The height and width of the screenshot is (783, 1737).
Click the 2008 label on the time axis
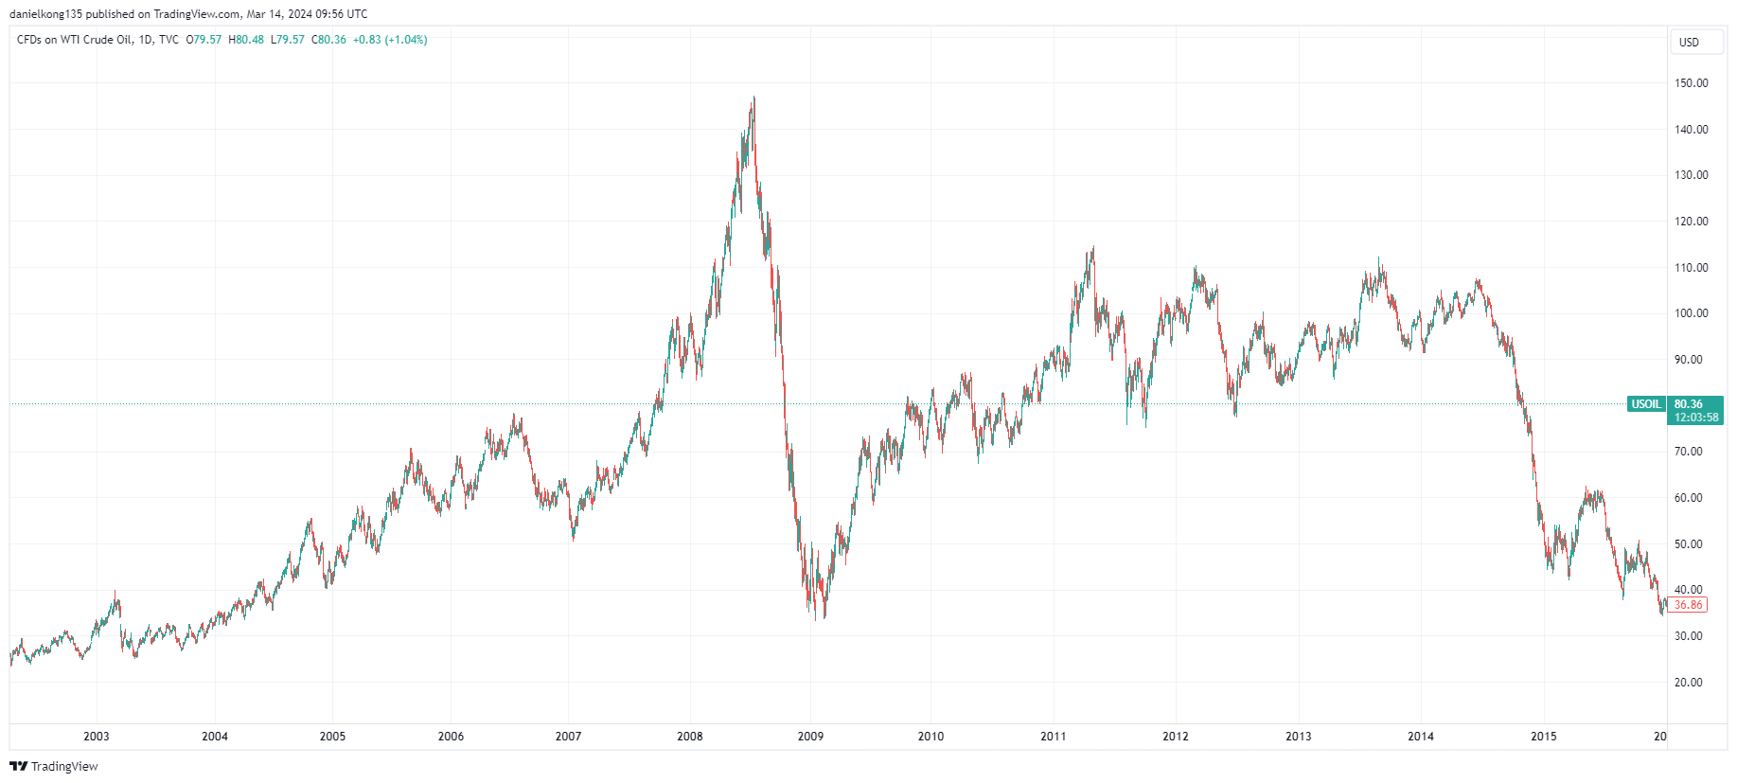tap(690, 737)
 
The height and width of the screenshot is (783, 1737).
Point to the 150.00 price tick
tap(1692, 83)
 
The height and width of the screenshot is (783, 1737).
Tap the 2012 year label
tap(1176, 737)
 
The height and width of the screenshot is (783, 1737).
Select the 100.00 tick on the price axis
tap(1692, 313)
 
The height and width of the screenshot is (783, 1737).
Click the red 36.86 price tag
tap(1688, 605)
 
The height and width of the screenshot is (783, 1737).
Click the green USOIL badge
tap(1646, 404)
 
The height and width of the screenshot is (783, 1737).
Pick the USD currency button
tap(1690, 43)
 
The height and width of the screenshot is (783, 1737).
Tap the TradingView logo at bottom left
tap(54, 766)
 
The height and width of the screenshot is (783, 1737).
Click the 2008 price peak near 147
tap(753, 98)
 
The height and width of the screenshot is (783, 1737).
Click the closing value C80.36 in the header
tap(329, 40)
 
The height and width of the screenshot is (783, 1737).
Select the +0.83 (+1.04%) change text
tap(390, 40)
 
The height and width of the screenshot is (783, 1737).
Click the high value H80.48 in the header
tap(246, 40)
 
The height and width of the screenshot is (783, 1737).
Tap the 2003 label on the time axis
tap(97, 737)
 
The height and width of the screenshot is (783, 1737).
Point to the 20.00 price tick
tap(1689, 683)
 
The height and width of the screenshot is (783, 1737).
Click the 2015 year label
tap(1544, 737)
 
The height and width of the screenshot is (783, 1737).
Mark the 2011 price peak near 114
tap(1093, 248)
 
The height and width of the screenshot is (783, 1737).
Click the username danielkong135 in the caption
tap(46, 14)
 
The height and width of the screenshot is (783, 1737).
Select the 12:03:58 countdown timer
tap(1696, 418)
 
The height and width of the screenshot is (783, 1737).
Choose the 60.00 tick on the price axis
tap(1689, 498)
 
